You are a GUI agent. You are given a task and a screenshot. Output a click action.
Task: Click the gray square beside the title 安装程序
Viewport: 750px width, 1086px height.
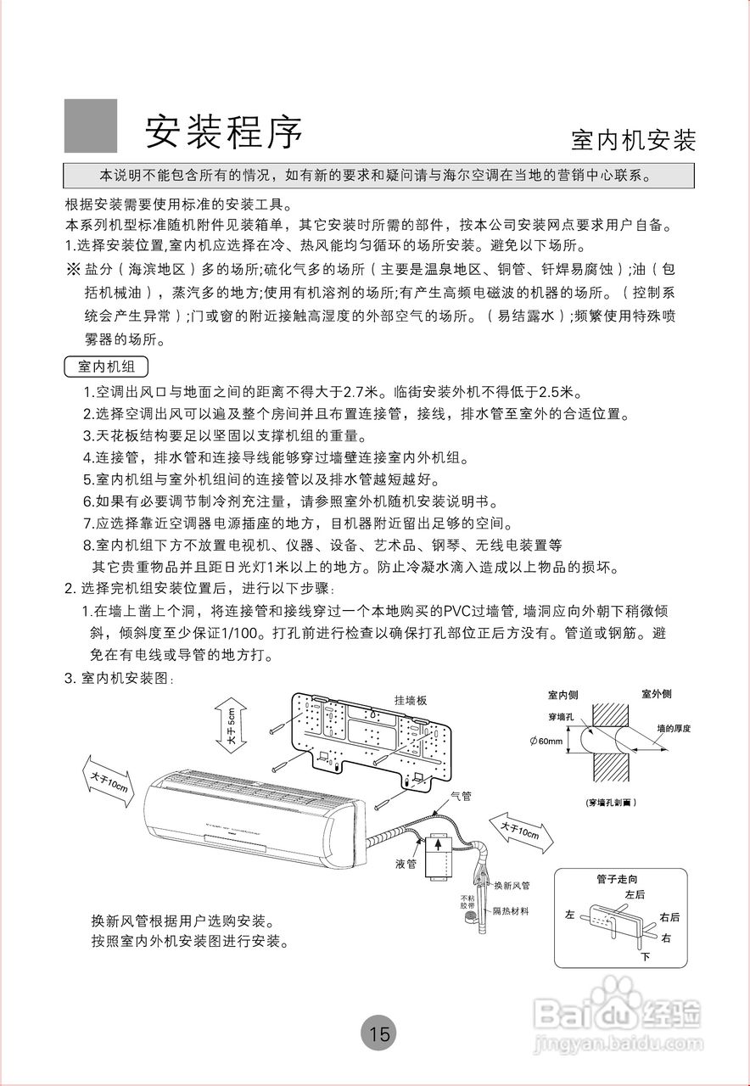pyautogui.click(x=91, y=126)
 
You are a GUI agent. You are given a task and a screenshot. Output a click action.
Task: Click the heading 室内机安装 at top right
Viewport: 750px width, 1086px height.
pyautogui.click(x=633, y=140)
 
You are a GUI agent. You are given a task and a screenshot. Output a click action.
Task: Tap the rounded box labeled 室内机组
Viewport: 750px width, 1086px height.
pyautogui.click(x=106, y=367)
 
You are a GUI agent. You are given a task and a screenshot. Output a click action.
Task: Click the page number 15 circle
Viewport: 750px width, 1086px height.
pyautogui.click(x=379, y=1033)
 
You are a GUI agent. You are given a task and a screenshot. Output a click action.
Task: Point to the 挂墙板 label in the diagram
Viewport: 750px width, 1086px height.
pyautogui.click(x=410, y=701)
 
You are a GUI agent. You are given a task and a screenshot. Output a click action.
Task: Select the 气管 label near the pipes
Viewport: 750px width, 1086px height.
pyautogui.click(x=461, y=796)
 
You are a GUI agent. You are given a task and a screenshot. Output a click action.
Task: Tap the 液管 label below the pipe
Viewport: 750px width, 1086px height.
pyautogui.click(x=406, y=864)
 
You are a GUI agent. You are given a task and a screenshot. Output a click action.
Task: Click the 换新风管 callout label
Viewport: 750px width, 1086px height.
pyautogui.click(x=512, y=886)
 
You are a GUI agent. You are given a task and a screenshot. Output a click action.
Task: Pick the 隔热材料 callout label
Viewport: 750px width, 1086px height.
pyautogui.click(x=512, y=910)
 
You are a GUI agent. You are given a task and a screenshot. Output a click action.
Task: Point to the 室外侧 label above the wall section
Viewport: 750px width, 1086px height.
pyautogui.click(x=656, y=694)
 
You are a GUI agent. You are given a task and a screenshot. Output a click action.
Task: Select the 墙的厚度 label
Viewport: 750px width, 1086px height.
pyautogui.click(x=674, y=728)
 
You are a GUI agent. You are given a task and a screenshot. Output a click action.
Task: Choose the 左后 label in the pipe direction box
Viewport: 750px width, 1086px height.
pyautogui.click(x=635, y=894)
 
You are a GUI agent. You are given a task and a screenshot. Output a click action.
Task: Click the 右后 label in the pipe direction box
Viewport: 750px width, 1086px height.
pyautogui.click(x=669, y=917)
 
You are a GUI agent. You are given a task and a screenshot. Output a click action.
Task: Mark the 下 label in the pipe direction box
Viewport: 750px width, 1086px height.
pyautogui.click(x=645, y=957)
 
